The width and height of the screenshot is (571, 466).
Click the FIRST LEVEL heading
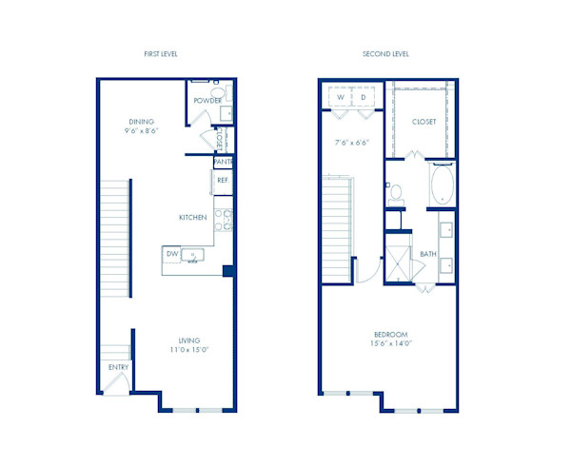pos(162,54)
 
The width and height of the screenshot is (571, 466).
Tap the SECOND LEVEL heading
pos(385,54)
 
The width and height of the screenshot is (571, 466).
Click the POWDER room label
pos(207,101)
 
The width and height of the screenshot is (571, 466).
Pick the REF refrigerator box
pos(223,180)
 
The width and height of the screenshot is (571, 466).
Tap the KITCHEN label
pos(193,218)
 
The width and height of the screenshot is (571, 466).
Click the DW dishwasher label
pos(172,255)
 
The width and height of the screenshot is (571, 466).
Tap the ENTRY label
pos(118,367)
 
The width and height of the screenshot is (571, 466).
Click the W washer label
pos(340,97)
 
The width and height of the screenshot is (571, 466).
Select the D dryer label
pos(362,97)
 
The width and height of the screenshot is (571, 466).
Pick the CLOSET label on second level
pos(424,123)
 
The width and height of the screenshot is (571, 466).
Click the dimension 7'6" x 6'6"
pos(352,144)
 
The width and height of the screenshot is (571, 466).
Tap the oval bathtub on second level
pos(442,186)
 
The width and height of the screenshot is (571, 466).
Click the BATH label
pos(428,254)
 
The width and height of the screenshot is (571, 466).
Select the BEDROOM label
pos(390,335)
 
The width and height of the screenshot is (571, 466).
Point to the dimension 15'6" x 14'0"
pos(390,346)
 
